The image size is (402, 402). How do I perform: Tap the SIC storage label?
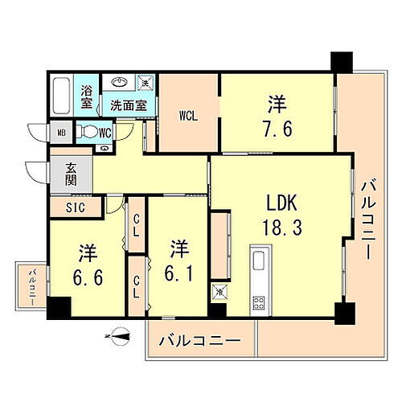[x=75, y=207]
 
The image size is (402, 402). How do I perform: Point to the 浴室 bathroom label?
[x=87, y=97]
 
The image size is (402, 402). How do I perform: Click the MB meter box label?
[x=61, y=132]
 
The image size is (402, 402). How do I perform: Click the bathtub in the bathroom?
[x=62, y=97]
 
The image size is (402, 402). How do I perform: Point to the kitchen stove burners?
[x=260, y=303]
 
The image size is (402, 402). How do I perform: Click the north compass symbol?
[x=118, y=337]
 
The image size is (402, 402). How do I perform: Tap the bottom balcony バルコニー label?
[x=199, y=341]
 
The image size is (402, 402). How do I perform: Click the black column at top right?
[x=341, y=61]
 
